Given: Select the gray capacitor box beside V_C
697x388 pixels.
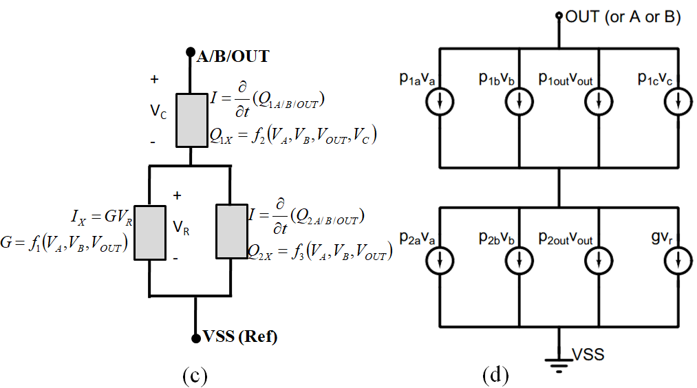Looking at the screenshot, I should [192, 120].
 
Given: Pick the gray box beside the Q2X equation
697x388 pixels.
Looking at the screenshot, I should [232, 230].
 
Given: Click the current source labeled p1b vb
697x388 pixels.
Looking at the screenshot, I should [518, 103].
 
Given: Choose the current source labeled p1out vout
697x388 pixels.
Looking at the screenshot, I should [599, 103].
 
